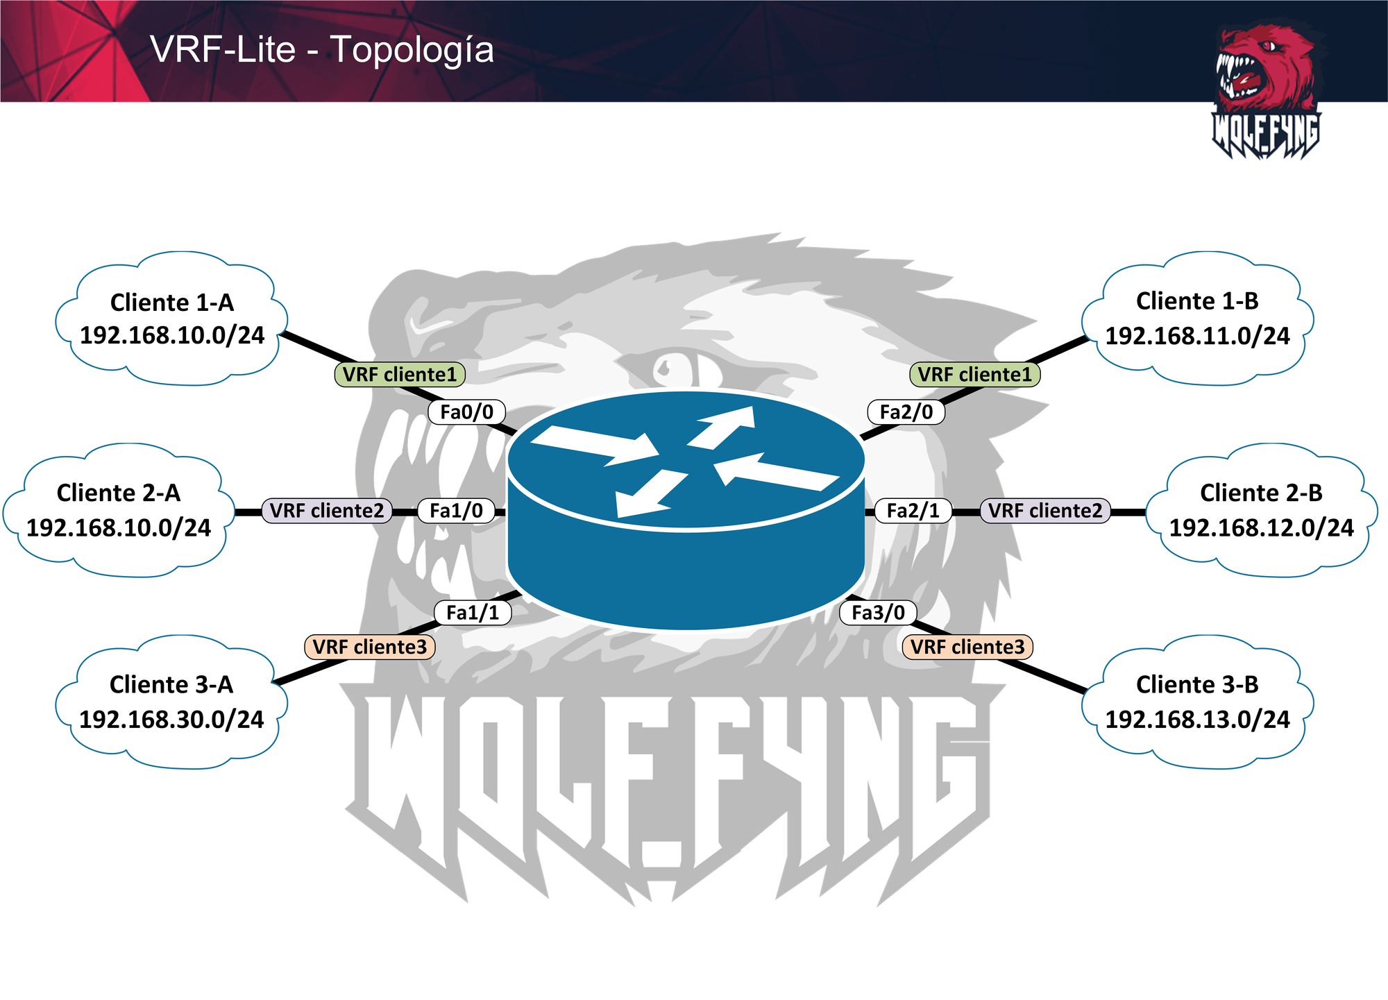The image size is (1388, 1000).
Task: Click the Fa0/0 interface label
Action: pos(466,412)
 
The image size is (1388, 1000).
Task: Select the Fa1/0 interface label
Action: pos(456,511)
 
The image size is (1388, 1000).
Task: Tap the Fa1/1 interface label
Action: pos(473,613)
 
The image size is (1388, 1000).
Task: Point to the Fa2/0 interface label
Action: pos(906,412)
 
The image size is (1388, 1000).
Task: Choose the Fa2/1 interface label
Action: pos(913,511)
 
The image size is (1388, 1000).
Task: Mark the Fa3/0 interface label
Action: pos(878,613)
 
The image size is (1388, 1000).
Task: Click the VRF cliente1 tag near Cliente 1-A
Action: pos(400,375)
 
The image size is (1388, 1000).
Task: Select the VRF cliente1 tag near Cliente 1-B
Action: pos(974,375)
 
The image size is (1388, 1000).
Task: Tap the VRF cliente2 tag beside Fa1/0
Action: pos(326,511)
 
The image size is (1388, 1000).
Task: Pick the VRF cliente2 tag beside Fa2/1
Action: pos(1044,511)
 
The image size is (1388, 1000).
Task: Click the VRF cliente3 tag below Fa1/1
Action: pos(369,647)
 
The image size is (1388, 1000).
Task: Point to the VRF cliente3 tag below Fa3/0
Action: pos(967,647)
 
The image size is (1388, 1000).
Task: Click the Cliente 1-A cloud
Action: pos(171,319)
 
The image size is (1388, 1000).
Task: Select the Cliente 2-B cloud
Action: pos(1261,510)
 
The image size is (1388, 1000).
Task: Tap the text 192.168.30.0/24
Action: pos(171,720)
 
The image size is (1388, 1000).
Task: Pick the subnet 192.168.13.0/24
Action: pos(1197,720)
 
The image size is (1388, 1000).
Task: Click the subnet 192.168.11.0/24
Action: pos(1197,337)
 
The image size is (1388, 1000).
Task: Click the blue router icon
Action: pos(686,510)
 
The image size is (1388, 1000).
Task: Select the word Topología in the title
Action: pos(412,50)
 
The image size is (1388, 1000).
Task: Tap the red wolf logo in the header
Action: pos(1266,90)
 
